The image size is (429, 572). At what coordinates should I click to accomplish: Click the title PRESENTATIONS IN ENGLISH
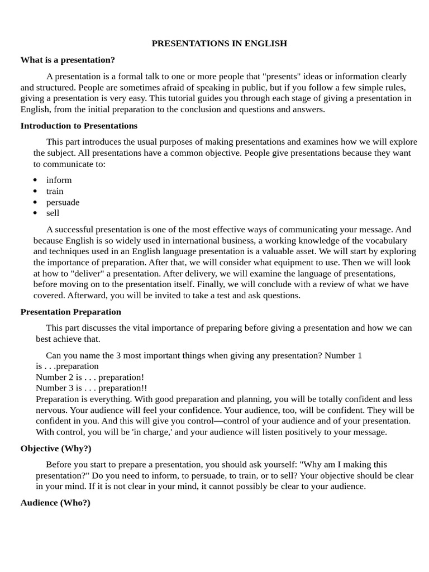(219, 44)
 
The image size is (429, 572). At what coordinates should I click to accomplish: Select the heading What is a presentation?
(68, 60)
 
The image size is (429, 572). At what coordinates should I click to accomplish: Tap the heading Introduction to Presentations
(79, 126)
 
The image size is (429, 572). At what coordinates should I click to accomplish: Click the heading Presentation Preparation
(70, 312)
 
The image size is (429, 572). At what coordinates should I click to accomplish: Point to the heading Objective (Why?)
(56, 449)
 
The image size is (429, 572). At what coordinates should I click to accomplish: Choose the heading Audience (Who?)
(55, 503)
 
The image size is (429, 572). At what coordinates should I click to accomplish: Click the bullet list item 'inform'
(59, 180)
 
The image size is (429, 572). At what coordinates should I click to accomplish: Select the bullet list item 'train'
(55, 191)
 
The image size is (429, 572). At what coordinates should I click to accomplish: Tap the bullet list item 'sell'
(53, 213)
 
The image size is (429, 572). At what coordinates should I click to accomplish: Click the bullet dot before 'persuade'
(35, 202)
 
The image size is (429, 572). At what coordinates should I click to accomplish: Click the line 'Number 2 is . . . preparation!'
(90, 377)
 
